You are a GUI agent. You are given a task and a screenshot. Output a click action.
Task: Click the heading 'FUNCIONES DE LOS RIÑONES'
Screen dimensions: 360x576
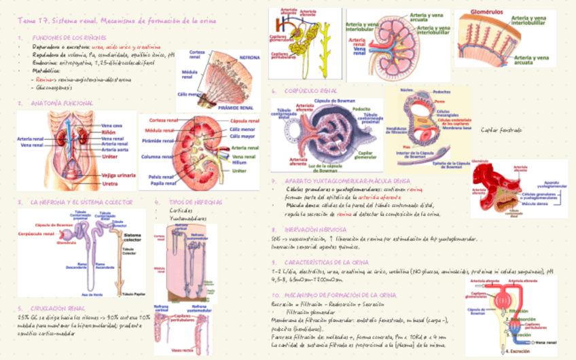62,37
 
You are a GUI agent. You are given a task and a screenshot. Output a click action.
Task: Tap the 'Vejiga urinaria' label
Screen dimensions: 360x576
118,175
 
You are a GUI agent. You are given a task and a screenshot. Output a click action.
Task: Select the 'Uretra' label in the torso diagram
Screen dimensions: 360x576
110,183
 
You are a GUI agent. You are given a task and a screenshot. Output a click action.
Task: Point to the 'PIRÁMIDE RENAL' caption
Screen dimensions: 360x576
236,107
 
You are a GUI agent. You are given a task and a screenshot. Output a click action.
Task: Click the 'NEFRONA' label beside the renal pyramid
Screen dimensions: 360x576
249,58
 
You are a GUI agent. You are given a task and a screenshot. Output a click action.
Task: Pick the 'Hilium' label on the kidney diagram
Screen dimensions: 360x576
238,163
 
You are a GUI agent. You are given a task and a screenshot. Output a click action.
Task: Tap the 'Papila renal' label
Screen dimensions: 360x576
163,183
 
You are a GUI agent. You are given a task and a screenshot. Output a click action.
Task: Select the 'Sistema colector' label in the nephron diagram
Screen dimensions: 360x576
132,236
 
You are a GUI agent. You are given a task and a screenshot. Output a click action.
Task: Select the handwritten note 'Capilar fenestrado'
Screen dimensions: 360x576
501,130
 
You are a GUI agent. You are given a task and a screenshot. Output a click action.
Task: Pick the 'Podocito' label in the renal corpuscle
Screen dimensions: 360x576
361,108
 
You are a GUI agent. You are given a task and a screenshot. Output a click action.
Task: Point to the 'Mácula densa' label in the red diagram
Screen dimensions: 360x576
535,203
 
